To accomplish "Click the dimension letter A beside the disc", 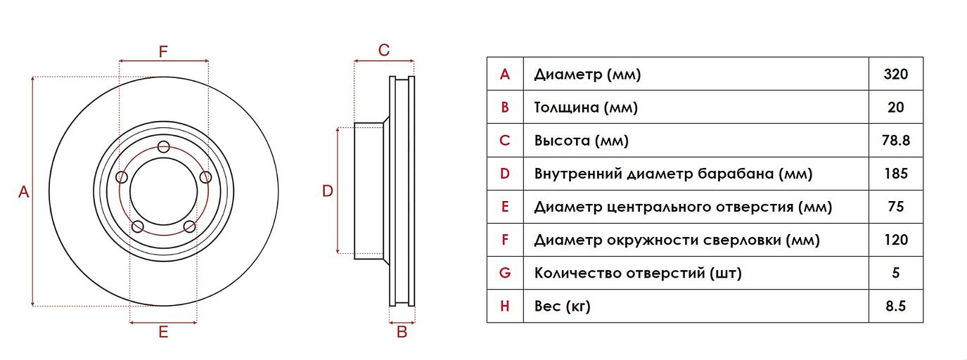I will tap(23, 191).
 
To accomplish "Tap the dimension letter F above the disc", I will tap(163, 51).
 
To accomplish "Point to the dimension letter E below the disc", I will tap(163, 333).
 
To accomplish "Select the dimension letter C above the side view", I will tap(384, 50).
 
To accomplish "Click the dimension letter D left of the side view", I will tap(327, 191).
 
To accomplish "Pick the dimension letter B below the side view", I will tap(402, 333).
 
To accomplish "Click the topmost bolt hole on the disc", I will tap(164, 147).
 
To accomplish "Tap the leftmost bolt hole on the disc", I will tap(122, 176).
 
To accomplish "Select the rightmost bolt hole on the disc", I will tap(205, 176).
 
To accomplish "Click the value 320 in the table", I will tap(895, 75).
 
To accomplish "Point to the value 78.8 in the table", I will tap(895, 141).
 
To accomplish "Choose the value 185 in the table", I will tap(895, 174).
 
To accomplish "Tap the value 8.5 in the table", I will tap(895, 306).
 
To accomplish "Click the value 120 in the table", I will tap(895, 240).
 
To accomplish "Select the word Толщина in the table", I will tap(566, 108).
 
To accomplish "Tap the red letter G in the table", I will tap(504, 273).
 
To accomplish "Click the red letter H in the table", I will tap(504, 306).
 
